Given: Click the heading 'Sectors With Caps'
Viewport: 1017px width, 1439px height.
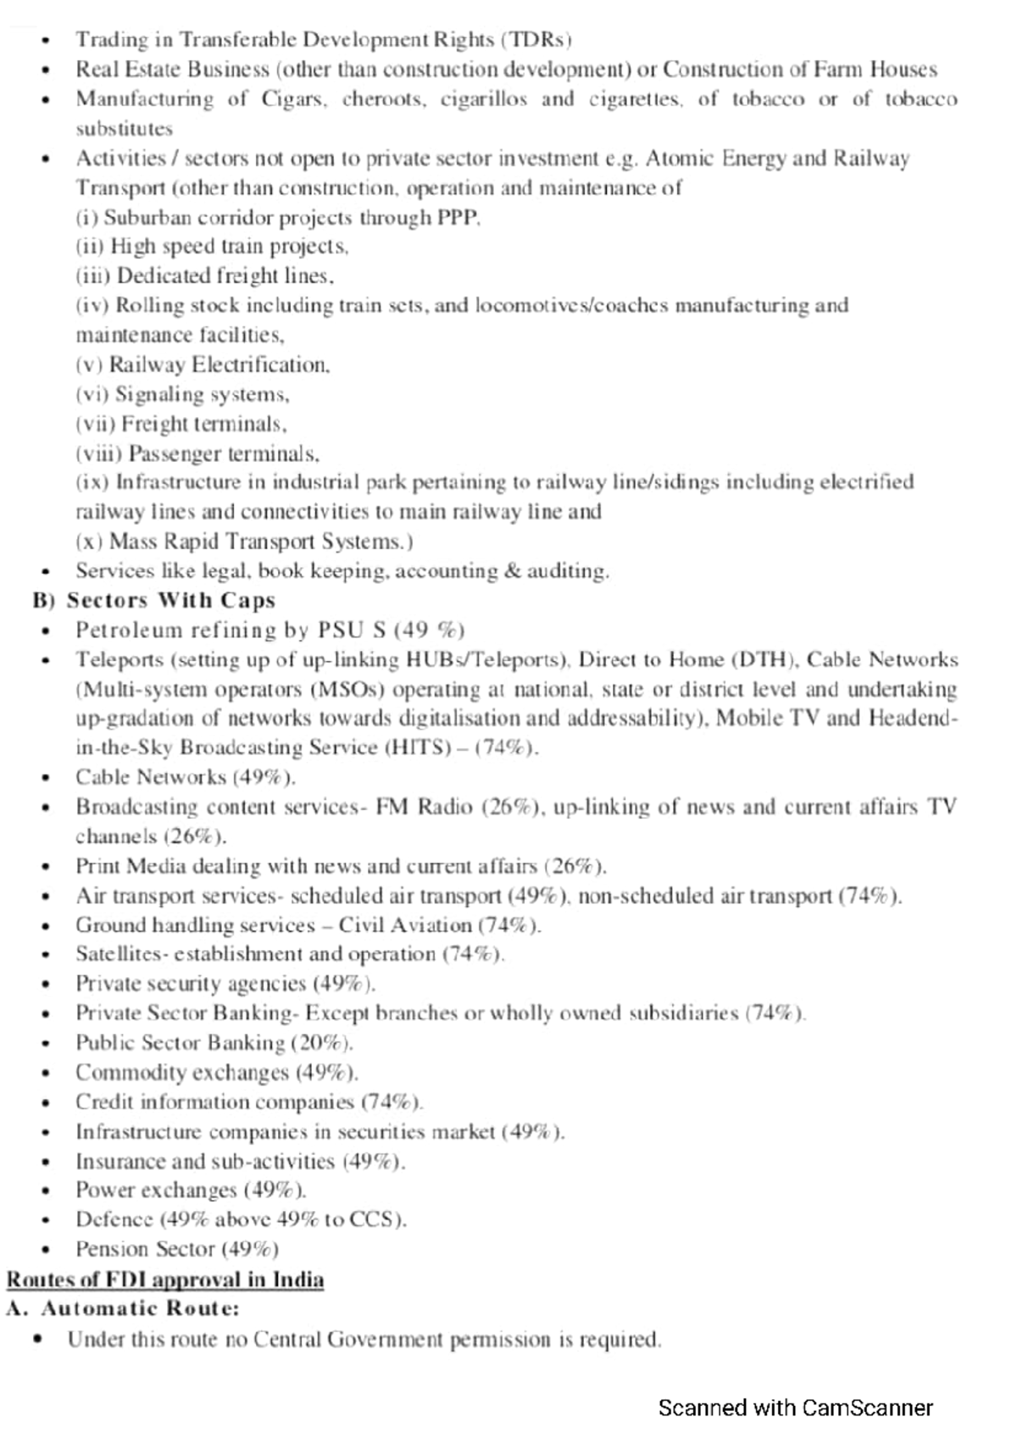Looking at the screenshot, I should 171,600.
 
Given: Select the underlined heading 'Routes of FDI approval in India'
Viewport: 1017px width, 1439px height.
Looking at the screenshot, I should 165,1279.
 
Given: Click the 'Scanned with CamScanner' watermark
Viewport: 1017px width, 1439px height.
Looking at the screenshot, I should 795,1408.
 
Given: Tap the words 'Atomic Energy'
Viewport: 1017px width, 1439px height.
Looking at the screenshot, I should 716,158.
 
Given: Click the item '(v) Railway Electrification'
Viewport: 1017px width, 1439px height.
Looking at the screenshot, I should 203,364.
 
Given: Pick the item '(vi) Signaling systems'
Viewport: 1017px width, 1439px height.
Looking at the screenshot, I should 182,394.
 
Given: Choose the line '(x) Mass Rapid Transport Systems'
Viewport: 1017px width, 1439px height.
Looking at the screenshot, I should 244,541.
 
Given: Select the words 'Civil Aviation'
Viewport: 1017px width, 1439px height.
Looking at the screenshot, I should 405,925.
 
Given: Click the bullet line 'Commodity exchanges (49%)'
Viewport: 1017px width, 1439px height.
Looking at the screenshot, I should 216,1073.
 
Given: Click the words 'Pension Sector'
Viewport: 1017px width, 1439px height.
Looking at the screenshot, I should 145,1249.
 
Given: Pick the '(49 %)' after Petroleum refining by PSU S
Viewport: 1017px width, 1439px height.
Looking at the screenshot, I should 429,631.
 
